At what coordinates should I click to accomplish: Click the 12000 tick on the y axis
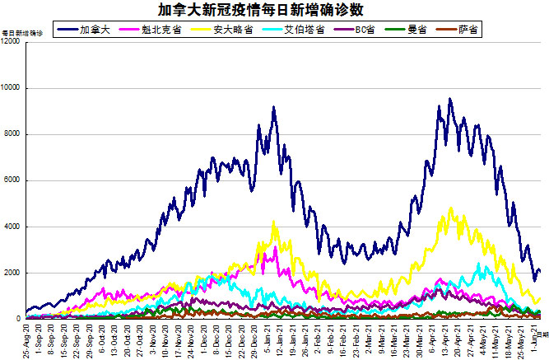click(12, 41)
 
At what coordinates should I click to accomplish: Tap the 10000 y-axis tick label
click(12, 88)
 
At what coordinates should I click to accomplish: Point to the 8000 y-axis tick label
click(13, 134)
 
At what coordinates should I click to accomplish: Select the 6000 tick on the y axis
click(13, 180)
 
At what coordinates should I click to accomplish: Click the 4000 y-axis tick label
click(13, 227)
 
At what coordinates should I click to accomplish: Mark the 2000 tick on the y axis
click(13, 273)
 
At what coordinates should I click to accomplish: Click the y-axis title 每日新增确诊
click(20, 33)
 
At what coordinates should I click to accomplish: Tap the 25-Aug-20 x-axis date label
click(28, 339)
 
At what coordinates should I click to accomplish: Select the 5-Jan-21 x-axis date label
click(268, 339)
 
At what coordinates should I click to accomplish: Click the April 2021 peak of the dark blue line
click(449, 100)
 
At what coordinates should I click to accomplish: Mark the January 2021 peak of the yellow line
click(274, 222)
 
